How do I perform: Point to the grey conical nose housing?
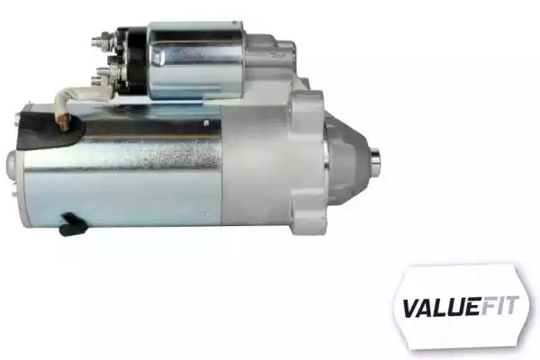[346, 156]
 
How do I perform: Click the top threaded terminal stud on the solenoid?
[103, 38]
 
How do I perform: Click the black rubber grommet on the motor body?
[51, 130]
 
